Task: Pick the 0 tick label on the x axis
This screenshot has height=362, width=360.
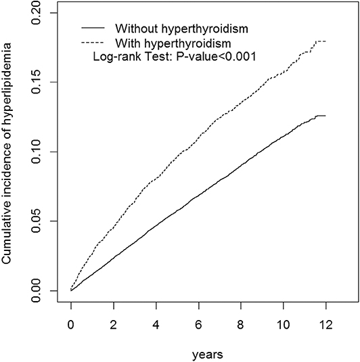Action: point(71,323)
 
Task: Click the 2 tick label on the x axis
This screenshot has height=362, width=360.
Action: point(114,323)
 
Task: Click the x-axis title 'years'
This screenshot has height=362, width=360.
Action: point(198,353)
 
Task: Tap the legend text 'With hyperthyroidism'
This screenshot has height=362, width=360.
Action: point(165,44)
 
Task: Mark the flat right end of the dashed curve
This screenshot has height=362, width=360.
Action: point(320,41)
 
